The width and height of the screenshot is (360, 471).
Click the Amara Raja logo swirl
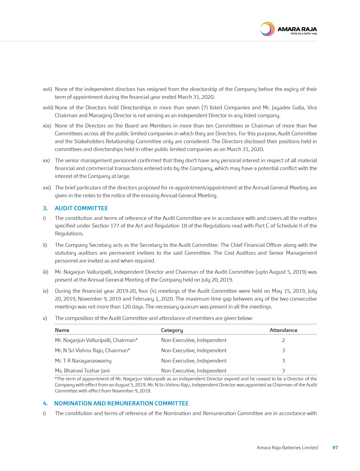(267, 29)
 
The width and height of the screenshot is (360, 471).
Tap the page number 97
(335, 447)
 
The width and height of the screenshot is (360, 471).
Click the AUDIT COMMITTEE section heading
(81, 208)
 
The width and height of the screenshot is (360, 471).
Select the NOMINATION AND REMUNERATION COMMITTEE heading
(121, 403)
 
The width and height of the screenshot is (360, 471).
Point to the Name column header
(62, 330)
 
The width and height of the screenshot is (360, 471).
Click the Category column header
(172, 330)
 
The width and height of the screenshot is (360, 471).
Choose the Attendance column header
(283, 330)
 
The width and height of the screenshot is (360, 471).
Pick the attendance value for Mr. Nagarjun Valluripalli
(283, 340)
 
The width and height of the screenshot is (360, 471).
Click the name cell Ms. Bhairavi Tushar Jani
(82, 371)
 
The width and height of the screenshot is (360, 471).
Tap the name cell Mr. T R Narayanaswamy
(83, 361)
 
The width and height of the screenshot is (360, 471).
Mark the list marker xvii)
(47, 89)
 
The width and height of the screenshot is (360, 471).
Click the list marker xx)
(46, 160)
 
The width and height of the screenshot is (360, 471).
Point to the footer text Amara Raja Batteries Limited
(287, 447)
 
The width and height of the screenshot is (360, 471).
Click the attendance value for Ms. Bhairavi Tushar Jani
(283, 371)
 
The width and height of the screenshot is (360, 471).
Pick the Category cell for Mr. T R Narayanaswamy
(194, 361)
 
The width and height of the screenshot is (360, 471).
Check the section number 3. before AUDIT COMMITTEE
(45, 208)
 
